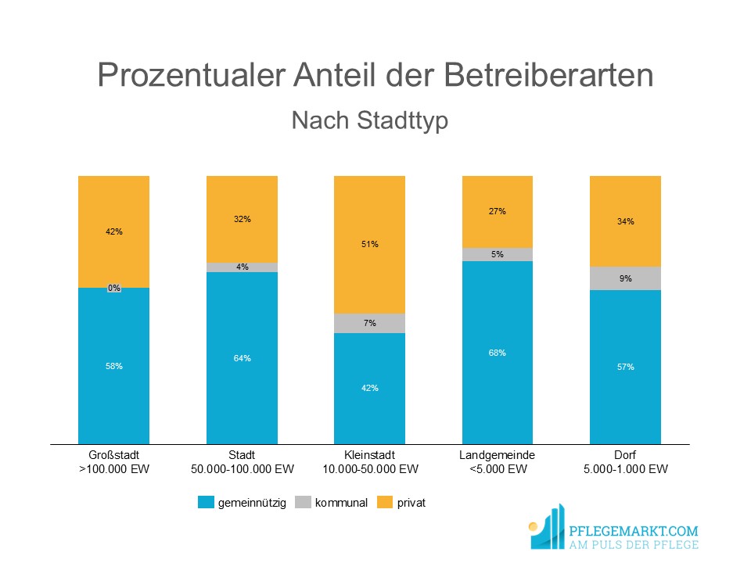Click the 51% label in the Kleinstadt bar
pyautogui.click(x=370, y=244)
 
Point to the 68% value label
pyautogui.click(x=498, y=353)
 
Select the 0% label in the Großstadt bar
pyautogui.click(x=114, y=288)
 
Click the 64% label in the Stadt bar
pyautogui.click(x=242, y=358)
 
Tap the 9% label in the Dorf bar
pyautogui.click(x=626, y=278)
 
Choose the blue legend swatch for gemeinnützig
pyautogui.click(x=207, y=503)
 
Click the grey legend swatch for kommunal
pyautogui.click(x=303, y=503)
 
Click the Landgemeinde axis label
pyautogui.click(x=498, y=455)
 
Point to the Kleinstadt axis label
pyautogui.click(x=370, y=455)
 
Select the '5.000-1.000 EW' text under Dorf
pyautogui.click(x=625, y=469)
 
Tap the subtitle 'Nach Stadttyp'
pyautogui.click(x=369, y=121)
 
